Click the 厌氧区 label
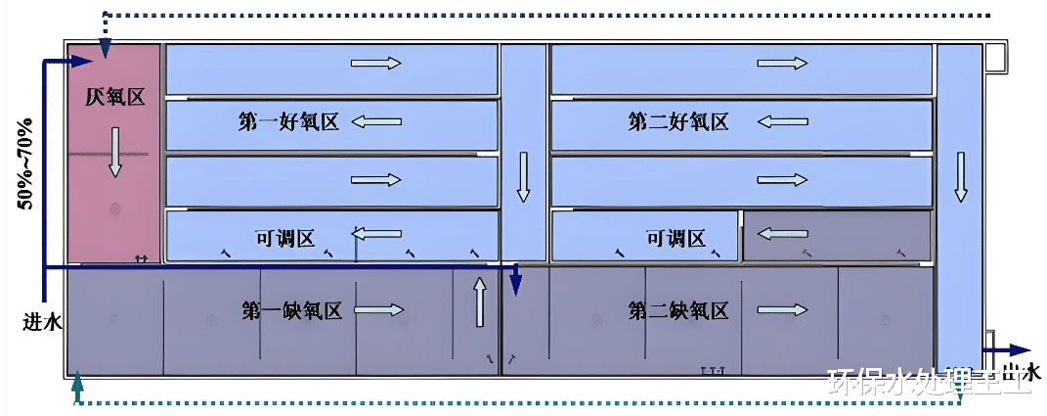114,98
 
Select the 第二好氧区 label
677,122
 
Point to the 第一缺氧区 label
291,311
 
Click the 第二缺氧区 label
678,311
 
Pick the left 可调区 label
284,238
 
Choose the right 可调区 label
676,238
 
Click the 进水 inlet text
43,320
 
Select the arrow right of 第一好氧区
376,122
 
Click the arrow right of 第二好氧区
783,122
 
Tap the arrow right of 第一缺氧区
378,311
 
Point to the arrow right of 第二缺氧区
783,311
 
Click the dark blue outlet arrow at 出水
1007,349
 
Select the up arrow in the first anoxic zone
480,302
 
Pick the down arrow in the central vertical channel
524,176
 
